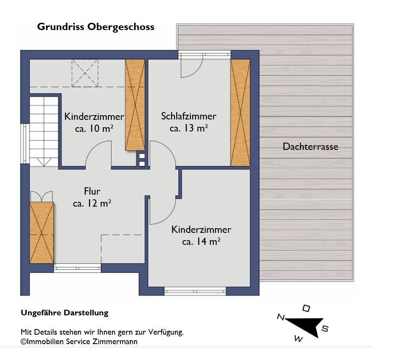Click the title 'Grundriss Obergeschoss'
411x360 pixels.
tap(96, 27)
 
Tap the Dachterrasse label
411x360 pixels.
tap(310, 147)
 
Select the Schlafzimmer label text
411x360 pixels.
tap(189, 116)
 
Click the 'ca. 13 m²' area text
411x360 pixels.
tap(189, 128)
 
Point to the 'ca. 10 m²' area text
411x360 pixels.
tap(94, 128)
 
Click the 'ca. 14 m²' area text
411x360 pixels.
tap(201, 241)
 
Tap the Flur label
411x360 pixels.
tap(92, 191)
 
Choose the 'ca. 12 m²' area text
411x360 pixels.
tap(92, 203)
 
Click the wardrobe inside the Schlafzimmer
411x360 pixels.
tap(240, 113)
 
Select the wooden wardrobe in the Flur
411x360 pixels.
tap(42, 232)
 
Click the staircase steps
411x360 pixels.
tap(44, 131)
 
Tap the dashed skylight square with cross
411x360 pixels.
tap(85, 73)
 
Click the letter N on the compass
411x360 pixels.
tap(281, 317)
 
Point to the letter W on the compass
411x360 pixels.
tap(298, 339)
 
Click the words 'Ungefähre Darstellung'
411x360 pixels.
tap(64, 313)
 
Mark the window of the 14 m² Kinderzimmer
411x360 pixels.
tap(195, 291)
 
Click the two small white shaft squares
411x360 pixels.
tap(142, 160)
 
